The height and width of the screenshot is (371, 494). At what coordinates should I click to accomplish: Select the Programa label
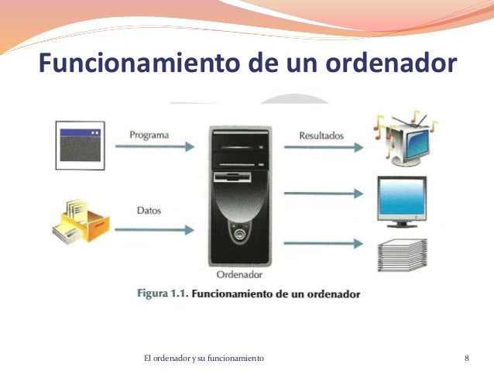click(x=149, y=135)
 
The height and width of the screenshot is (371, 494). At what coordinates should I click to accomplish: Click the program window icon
click(x=81, y=145)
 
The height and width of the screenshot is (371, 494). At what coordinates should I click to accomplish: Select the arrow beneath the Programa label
click(x=156, y=153)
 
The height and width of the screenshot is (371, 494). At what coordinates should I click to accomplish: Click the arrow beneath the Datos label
click(x=156, y=228)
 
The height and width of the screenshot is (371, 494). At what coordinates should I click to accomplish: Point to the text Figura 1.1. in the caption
click(x=161, y=294)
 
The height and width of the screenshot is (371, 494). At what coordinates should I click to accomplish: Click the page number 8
click(x=467, y=358)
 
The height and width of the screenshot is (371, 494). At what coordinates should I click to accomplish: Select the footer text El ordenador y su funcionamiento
click(x=204, y=358)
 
